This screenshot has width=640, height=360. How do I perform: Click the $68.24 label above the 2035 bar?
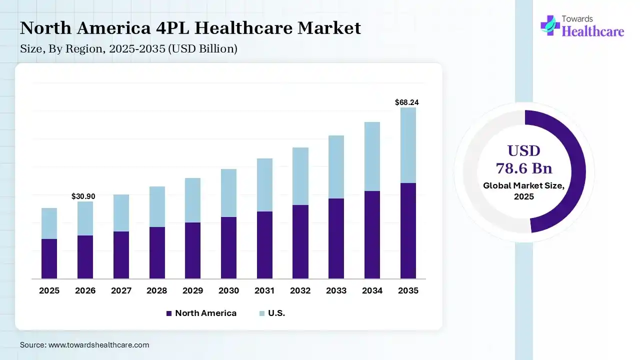click(406, 102)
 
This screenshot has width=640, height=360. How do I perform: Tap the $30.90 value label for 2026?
click(83, 196)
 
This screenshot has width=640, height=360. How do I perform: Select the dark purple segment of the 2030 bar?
click(228, 247)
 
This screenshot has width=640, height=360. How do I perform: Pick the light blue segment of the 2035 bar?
click(408, 145)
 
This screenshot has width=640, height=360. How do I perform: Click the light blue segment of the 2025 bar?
click(49, 223)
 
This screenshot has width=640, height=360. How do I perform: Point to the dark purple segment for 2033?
click(336, 238)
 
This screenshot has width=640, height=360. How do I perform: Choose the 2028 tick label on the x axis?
click(157, 290)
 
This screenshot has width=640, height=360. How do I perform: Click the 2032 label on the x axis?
click(300, 290)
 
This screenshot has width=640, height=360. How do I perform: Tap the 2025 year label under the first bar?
click(49, 290)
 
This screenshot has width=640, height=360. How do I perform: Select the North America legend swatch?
click(169, 313)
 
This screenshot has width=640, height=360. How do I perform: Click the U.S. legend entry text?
click(276, 313)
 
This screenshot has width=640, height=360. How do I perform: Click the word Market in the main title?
click(329, 28)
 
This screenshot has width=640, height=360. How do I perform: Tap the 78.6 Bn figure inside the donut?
click(524, 167)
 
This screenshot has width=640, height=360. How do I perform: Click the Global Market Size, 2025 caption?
click(524, 191)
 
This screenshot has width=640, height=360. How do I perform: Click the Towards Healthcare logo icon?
click(550, 25)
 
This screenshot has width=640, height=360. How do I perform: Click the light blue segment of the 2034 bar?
click(372, 156)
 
